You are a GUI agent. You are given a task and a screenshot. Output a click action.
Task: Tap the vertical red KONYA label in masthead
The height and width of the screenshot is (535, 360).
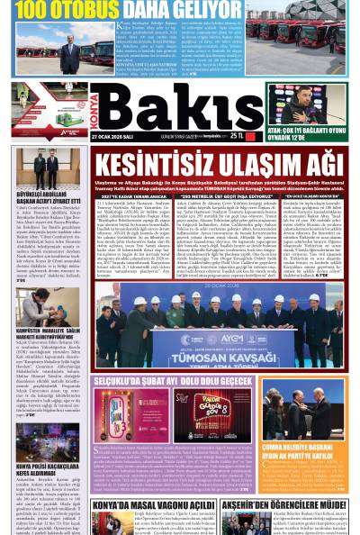tap(94, 107)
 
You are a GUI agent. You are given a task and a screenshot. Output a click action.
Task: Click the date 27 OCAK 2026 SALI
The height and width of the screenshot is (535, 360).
tap(112, 136)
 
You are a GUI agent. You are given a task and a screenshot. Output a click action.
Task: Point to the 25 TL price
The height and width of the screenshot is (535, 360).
tap(237, 136)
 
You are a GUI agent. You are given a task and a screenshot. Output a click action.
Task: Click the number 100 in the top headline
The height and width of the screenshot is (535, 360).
tap(31, 10)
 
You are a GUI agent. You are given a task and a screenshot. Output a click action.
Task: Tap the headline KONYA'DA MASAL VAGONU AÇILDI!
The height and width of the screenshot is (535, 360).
tap(153, 505)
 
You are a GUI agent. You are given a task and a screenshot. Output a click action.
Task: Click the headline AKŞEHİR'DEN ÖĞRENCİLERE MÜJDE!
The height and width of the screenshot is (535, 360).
tap(284, 505)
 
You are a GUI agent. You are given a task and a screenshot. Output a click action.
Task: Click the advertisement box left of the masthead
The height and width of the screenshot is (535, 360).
tap(50, 109)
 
